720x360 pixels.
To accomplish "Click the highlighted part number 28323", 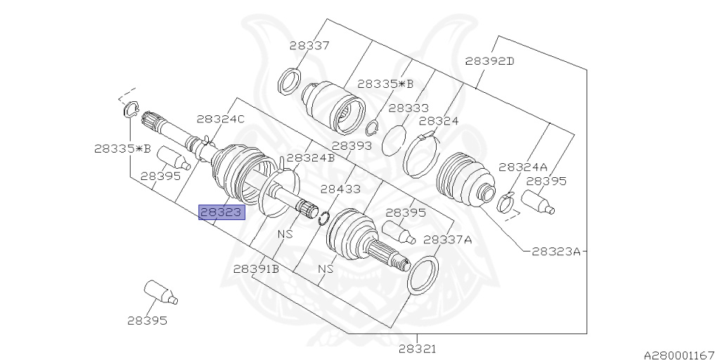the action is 221,212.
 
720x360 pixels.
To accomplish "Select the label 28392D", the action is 489,61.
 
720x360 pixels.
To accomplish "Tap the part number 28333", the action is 408,108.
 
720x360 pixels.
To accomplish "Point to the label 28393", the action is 352,146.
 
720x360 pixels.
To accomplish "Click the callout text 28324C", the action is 220,119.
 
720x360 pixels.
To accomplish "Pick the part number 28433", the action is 340,189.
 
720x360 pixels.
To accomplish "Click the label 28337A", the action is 448,239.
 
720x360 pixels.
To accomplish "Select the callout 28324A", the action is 522,167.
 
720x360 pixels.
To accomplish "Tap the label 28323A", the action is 555,250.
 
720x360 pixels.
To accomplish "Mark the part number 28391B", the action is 257,269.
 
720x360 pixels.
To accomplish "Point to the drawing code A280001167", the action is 679,354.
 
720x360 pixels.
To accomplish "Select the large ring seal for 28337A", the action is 423,274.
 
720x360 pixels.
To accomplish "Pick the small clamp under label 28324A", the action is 505,204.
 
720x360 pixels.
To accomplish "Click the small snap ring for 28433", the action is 324,218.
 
